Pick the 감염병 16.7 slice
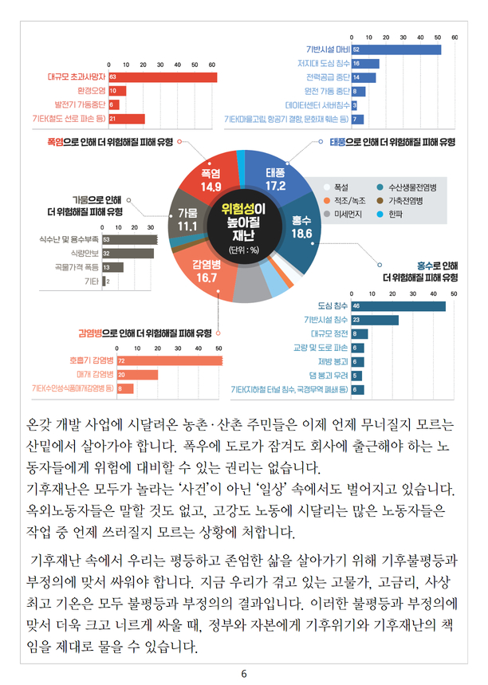tap(206, 272)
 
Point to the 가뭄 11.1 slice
tap(188, 221)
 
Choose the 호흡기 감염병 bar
tap(168, 360)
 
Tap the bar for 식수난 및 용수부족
tap(128, 238)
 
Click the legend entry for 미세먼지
tap(348, 215)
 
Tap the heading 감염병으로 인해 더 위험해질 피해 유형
tap(144, 333)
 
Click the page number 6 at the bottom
tap(244, 674)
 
